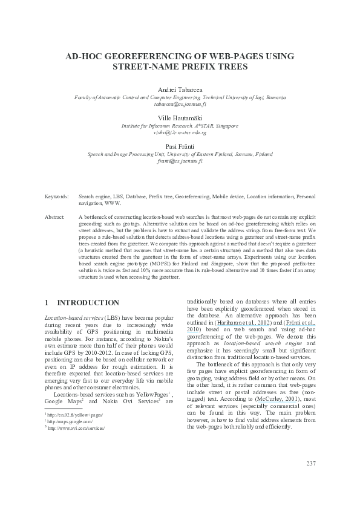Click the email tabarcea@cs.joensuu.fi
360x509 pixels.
[x=180, y=104]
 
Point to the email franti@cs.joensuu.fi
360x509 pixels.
[x=180, y=161]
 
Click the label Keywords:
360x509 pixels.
[x=57, y=196]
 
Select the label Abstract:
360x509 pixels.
[x=56, y=216]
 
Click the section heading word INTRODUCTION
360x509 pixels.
[x=88, y=302]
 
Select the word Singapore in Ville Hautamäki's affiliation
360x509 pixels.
[x=226, y=126]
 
